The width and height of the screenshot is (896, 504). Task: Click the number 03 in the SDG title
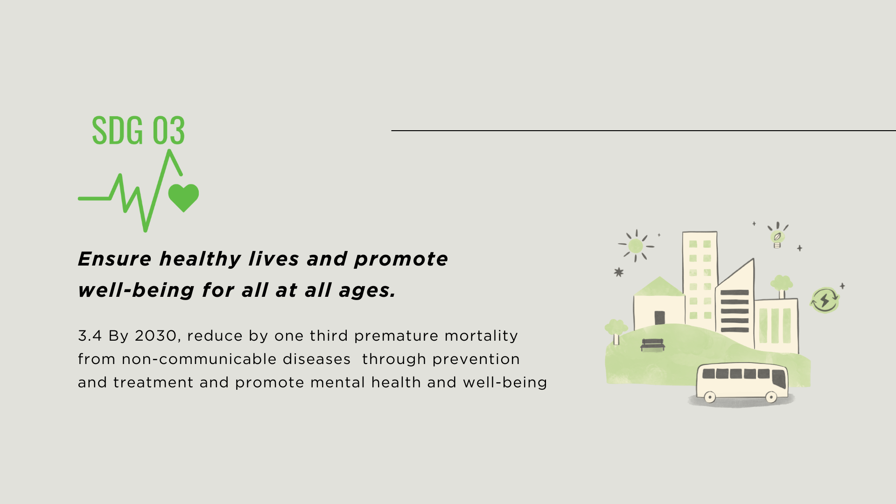[168, 130]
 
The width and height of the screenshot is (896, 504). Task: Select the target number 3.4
[90, 336]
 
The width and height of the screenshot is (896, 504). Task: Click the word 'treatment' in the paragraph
[153, 383]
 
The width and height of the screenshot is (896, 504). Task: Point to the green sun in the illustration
[636, 245]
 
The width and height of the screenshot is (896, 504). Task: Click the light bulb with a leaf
[777, 236]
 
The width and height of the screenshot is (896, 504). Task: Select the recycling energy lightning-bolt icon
[825, 300]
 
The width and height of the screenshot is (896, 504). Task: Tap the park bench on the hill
[652, 345]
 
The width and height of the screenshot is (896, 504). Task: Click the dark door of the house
[659, 318]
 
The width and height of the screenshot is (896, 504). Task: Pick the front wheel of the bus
[771, 398]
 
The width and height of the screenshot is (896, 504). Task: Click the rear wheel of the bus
[709, 398]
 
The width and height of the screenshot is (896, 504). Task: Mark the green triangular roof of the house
[659, 287]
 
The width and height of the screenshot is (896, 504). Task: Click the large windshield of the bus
[779, 378]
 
